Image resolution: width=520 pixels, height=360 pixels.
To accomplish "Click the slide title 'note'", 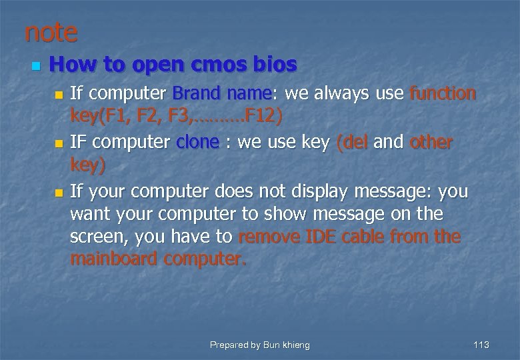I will pos(51,31).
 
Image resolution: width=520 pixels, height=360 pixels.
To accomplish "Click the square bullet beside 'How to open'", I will pos(35,66).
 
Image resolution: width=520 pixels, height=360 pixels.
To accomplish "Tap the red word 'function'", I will pos(443,94).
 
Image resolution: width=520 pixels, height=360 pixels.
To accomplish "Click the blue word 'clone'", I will pos(197,143).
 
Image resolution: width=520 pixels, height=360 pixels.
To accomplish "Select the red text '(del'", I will pos(353,143).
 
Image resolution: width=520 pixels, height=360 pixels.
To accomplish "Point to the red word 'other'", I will pos(431,143).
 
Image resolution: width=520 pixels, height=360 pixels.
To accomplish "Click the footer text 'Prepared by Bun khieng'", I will pos(260,345).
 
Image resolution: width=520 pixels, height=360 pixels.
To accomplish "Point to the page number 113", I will pos(481,345).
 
